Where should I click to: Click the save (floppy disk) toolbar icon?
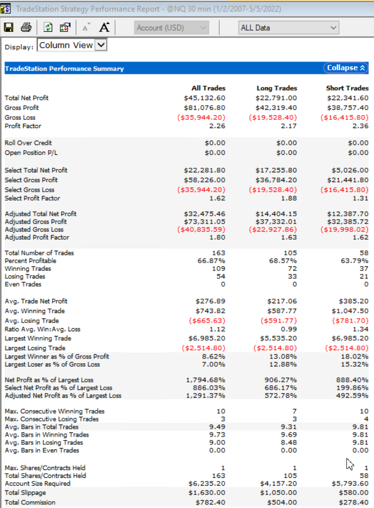9,28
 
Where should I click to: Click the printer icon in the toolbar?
26,28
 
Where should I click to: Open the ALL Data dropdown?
289,28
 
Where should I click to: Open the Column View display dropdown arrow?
101,45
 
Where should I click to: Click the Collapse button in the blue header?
346,68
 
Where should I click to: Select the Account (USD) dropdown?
171,28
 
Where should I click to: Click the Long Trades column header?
277,88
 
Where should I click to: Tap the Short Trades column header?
347,88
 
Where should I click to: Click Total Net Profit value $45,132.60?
204,98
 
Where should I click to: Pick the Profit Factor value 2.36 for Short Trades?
360,126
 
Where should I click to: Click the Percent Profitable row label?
30,261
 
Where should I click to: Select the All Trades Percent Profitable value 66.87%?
211,261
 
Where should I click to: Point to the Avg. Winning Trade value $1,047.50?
350,311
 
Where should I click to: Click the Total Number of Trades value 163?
219,253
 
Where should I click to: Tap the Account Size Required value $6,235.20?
207,484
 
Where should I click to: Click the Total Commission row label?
30,502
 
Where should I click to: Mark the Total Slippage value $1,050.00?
278,493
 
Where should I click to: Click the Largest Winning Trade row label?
38,338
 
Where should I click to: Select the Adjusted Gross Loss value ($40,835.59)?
201,230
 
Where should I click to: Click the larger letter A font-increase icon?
104,27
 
